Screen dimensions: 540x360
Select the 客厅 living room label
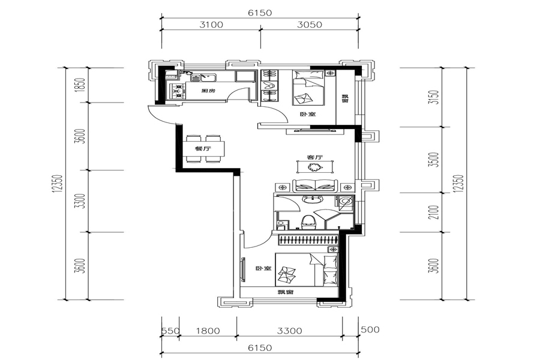tap(314, 157)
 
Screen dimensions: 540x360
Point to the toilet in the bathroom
tap(308, 222)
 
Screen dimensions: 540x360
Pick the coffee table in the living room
tap(315, 167)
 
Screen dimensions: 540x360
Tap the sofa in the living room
tap(315, 185)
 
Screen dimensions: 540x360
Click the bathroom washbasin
tap(312, 199)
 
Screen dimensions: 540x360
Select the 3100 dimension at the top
tap(211, 25)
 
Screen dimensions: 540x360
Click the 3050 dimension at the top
tap(310, 25)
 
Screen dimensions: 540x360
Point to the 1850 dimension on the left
tap(81, 85)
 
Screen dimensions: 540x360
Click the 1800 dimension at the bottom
tap(208, 331)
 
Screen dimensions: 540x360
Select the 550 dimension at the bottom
tap(170, 331)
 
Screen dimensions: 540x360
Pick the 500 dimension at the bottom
tap(370, 329)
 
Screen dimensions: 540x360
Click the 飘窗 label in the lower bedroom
tap(286, 292)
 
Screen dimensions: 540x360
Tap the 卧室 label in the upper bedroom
tap(308, 114)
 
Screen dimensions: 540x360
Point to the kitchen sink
tap(203, 77)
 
